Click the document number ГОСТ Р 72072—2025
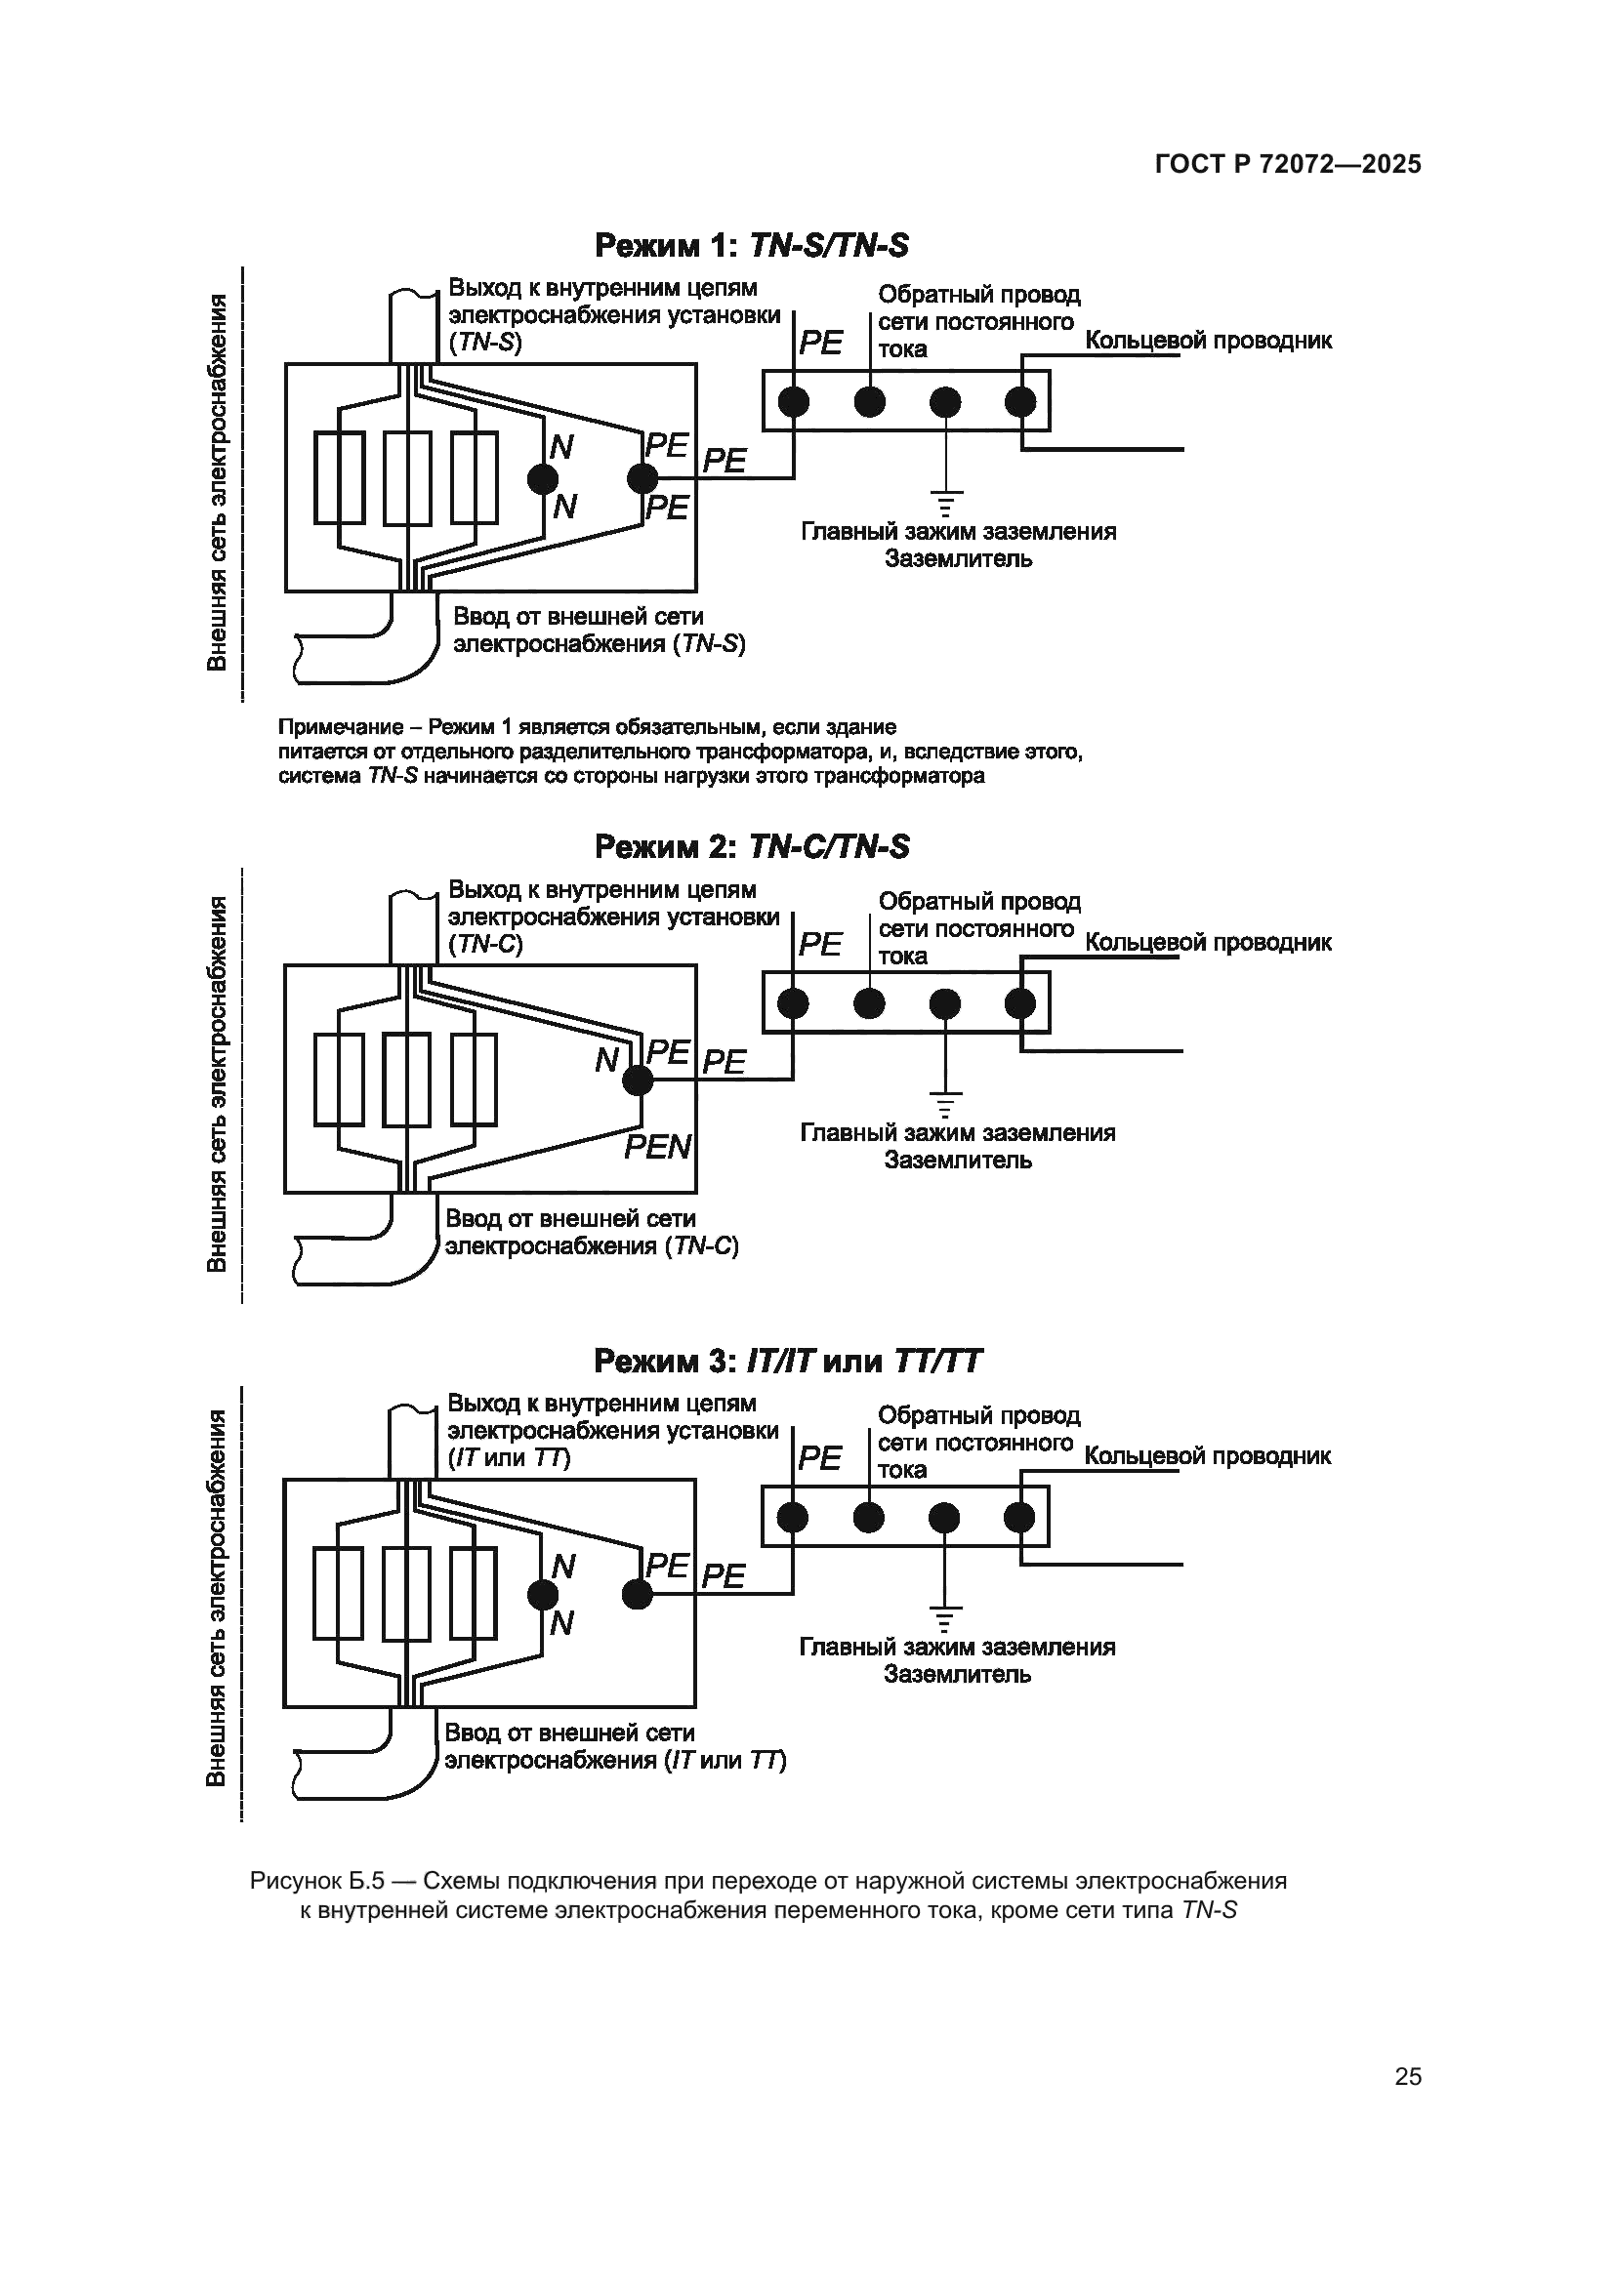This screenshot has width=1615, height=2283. (1288, 164)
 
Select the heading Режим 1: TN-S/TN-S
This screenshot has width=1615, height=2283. (751, 245)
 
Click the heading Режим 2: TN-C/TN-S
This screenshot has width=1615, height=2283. (751, 846)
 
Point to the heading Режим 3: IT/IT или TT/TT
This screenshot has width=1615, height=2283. (788, 1361)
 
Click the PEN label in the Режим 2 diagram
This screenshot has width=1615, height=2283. (657, 1147)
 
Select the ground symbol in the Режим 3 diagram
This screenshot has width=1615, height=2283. (944, 1616)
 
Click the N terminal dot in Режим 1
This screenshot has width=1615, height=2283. (543, 479)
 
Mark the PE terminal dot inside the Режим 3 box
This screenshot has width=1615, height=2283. (637, 1595)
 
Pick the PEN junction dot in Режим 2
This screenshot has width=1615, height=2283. (637, 1080)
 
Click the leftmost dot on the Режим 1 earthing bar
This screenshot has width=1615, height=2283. (794, 402)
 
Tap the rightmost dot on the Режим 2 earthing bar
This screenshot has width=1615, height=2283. (1020, 1004)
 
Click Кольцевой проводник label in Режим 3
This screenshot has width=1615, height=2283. (1207, 1455)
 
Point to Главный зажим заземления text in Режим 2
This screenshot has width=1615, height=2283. (958, 1132)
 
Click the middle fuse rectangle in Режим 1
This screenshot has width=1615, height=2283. (407, 478)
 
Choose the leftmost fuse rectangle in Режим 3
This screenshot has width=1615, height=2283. (338, 1593)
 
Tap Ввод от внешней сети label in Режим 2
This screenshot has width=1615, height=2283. (570, 1218)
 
